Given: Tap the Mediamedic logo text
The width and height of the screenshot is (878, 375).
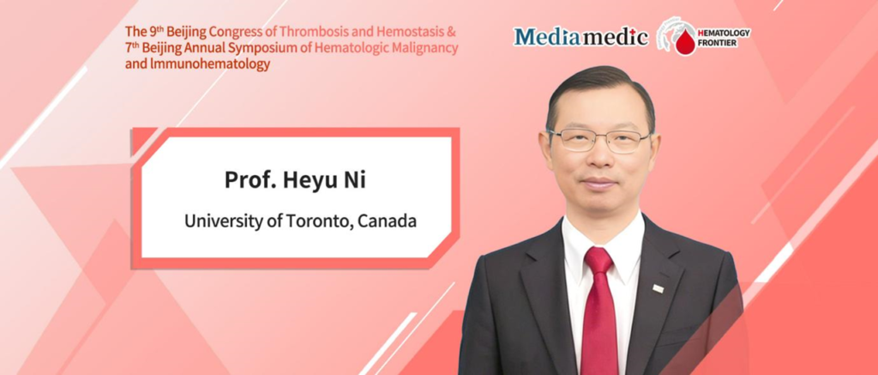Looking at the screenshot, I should point(580,36).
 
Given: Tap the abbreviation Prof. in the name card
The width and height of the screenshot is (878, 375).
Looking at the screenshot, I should point(249,181).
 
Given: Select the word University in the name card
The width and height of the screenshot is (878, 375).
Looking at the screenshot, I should point(221,221).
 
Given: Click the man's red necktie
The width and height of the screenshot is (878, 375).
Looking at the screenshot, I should point(599,318).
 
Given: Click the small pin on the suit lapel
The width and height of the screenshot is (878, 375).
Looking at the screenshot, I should point(658,288).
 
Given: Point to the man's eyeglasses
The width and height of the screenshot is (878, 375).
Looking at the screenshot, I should point(598,140).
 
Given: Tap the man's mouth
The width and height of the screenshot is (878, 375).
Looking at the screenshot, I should point(598,183).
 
